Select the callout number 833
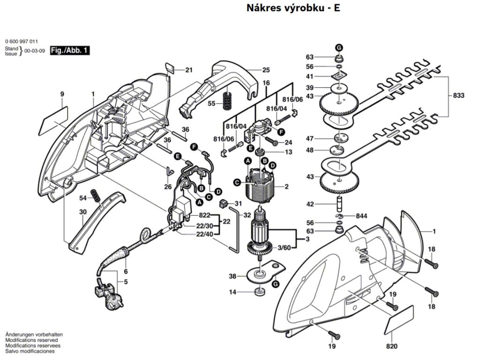click(459, 95)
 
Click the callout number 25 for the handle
click(266, 70)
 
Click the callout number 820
click(392, 346)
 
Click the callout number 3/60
click(284, 247)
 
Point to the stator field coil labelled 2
click(256, 186)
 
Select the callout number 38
click(232, 277)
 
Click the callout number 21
click(189, 70)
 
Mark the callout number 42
click(323, 204)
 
